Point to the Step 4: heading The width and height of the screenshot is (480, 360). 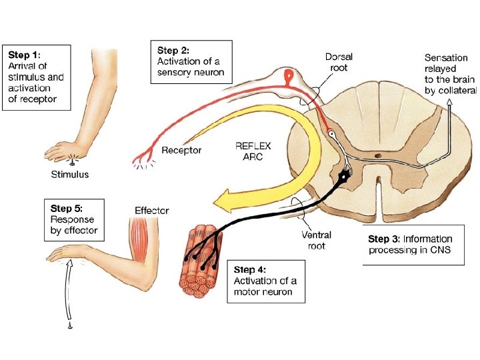point(250,270)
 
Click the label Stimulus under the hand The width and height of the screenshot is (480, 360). point(70,175)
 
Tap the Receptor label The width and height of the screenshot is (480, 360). point(181,150)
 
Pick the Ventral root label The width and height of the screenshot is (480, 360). point(317,240)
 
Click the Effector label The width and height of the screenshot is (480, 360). point(152,211)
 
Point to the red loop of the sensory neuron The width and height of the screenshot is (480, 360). point(289,77)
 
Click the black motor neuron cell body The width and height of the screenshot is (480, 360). point(345,177)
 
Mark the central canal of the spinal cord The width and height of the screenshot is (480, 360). point(379,159)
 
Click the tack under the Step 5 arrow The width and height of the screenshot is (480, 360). point(69,326)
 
